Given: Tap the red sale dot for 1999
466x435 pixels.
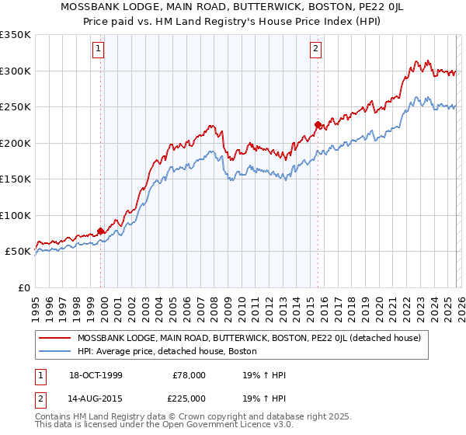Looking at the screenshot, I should pos(101,231).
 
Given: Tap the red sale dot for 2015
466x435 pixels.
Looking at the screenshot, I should pos(318,124).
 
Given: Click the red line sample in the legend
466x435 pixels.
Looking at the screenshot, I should pos(54,338).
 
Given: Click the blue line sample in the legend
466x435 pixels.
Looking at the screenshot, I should pos(54,351).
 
